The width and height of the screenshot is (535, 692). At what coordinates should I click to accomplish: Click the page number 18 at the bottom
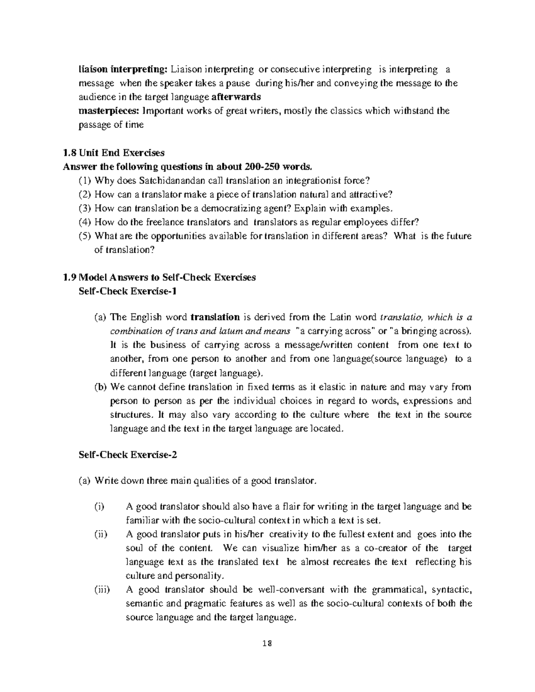pos(267,643)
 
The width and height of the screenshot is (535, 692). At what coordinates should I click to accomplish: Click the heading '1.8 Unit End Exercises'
pos(114,153)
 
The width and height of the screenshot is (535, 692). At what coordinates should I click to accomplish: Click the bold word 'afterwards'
pos(236,97)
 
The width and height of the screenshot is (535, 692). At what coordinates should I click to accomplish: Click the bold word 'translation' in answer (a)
pos(215,318)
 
